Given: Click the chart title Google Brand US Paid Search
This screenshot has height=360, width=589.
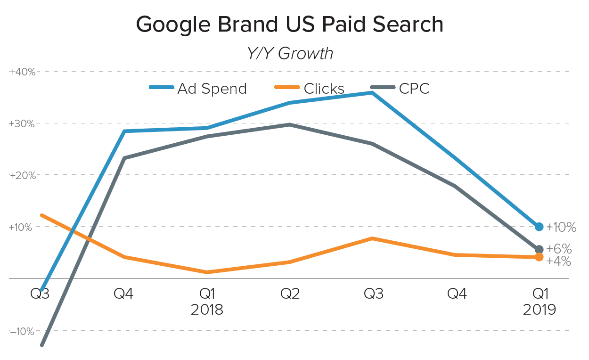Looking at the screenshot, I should [289, 25].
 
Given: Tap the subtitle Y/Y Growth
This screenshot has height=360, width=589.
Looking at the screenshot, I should [289, 53].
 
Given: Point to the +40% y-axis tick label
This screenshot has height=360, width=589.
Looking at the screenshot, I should [22, 72].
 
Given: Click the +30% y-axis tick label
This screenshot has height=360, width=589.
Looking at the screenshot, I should [22, 124].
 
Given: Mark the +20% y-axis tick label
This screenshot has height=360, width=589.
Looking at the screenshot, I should [22, 175].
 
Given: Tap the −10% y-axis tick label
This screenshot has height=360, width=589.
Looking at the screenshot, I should [22, 331].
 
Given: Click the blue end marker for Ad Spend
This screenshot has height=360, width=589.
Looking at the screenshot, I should [539, 227].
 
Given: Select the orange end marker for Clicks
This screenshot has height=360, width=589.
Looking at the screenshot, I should [539, 257].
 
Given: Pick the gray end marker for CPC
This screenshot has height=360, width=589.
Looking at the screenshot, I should [539, 249].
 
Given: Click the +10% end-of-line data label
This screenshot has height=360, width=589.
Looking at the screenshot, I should [561, 228].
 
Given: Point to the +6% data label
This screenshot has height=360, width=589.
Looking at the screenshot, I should [559, 249].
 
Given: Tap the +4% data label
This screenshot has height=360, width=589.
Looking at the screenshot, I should [559, 261].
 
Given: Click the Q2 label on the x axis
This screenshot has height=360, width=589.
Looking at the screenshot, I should [290, 294].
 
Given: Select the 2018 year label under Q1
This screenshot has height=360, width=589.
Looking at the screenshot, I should [207, 310].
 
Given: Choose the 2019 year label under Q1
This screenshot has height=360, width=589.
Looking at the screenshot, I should [540, 310].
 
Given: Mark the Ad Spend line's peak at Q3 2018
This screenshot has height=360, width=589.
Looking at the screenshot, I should [372, 93].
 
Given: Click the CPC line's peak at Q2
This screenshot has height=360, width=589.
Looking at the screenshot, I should [290, 124].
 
